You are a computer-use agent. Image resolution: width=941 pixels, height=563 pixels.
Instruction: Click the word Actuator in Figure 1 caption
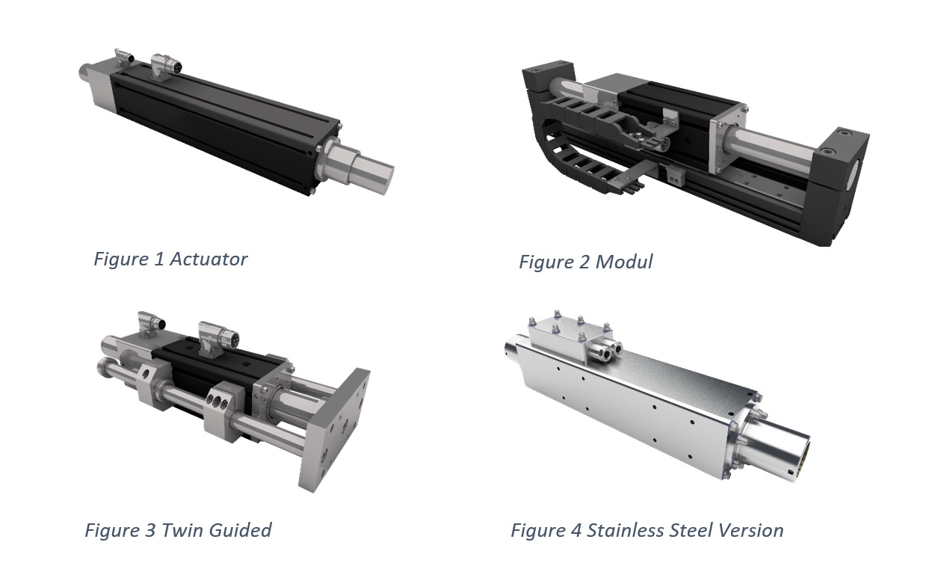point(209,259)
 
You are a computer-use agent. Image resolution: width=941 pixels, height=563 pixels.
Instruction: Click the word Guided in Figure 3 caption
point(240,531)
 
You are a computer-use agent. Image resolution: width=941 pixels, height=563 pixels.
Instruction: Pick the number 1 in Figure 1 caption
point(158,259)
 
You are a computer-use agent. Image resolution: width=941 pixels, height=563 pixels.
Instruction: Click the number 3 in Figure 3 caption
point(149,531)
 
